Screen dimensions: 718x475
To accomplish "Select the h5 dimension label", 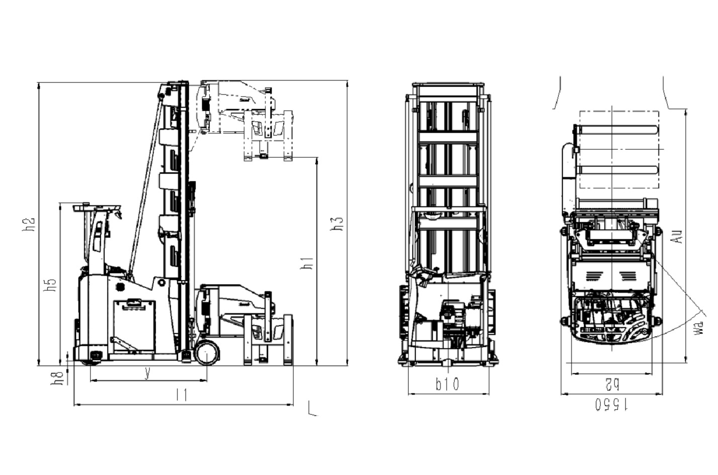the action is point(50,285).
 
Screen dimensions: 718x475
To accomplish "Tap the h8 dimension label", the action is point(57,378).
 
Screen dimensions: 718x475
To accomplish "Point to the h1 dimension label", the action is point(307,263).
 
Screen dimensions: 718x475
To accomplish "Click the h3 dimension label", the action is point(336,224).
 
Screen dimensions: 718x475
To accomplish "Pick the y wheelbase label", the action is point(147,373).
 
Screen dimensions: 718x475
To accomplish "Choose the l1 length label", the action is point(182,395).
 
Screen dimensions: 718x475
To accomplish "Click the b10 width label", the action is point(447,384).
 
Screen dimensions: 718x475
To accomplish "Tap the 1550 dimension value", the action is point(611,405).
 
